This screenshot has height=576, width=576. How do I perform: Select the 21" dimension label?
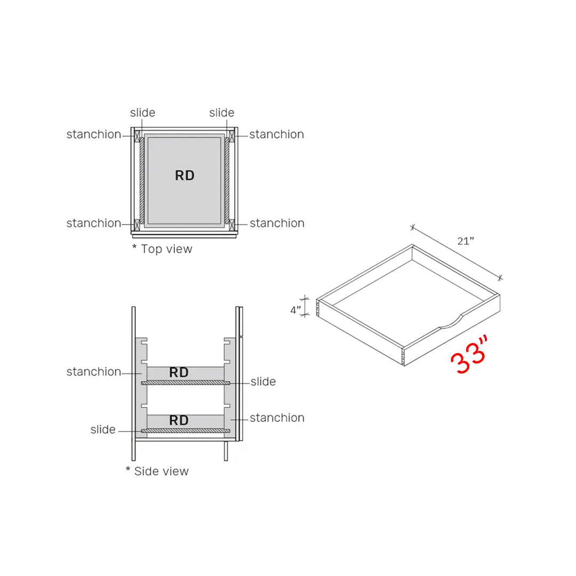pos(466,241)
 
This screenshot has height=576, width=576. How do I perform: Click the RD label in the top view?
pos(185,175)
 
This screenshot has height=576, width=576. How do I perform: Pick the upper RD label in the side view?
pos(179,373)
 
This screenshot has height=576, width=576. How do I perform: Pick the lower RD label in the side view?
pos(179,420)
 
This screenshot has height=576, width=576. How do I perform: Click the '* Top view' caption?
pos(162,249)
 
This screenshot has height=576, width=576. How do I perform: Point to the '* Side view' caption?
pos(157,471)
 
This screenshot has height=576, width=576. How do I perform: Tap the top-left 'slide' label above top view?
pos(142,113)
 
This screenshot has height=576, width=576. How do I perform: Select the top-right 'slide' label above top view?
pos(221,113)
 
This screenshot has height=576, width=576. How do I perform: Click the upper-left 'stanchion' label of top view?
pos(94,134)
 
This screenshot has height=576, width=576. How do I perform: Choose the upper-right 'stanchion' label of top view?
pos(276,134)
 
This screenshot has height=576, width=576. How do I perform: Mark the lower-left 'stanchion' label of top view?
pos(94,223)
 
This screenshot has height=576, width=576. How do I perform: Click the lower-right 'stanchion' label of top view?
pos(277,223)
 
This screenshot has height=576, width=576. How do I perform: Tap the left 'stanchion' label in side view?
pos(94,372)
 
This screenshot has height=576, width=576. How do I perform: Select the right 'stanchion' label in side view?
pos(277,418)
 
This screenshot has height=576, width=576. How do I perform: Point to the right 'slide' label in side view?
pos(263,382)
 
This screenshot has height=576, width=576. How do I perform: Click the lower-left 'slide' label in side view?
pos(103,430)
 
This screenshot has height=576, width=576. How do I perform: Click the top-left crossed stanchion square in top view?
pos(137,135)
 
